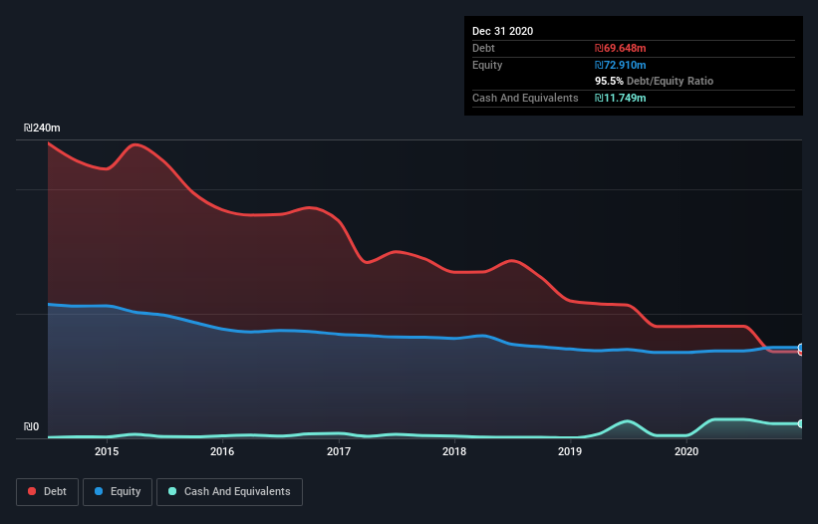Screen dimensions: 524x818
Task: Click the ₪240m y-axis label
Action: [x=42, y=129]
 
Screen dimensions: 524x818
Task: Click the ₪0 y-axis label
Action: [x=31, y=426]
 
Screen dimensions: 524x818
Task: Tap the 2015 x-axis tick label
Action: [x=107, y=452]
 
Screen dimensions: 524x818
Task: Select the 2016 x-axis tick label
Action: [x=222, y=452]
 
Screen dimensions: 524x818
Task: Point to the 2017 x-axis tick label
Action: [x=339, y=452]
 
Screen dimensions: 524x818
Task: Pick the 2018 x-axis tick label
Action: [x=454, y=452]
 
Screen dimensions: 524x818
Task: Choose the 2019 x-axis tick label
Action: [x=570, y=452]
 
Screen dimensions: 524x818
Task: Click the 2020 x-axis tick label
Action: [x=686, y=452]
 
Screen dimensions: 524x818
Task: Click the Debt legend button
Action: [x=46, y=491]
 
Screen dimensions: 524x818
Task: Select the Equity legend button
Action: [x=118, y=491]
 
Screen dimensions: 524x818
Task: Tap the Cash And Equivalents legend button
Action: [x=229, y=491]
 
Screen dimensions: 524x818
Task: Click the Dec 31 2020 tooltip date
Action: [x=502, y=31]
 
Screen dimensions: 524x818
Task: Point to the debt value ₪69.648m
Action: [x=620, y=48]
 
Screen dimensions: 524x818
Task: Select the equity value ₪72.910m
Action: [x=620, y=65]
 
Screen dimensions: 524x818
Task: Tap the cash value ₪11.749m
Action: [x=620, y=98]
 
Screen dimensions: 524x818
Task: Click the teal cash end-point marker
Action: [x=800, y=424]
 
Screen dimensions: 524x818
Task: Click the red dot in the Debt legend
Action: [x=32, y=491]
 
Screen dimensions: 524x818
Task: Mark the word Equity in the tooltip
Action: [x=487, y=65]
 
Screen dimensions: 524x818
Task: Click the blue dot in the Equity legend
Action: [x=100, y=491]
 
